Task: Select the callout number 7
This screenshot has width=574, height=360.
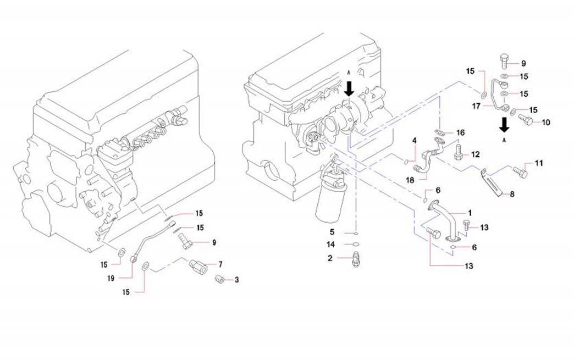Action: [220, 264]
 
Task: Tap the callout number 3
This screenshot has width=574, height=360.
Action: [237, 280]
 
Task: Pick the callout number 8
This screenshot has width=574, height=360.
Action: [512, 193]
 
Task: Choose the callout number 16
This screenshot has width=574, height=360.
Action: [461, 132]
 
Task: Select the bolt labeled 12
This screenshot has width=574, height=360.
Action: [459, 152]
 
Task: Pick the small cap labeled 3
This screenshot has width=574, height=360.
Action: [219, 279]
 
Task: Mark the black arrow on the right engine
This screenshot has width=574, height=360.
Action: [349, 88]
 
